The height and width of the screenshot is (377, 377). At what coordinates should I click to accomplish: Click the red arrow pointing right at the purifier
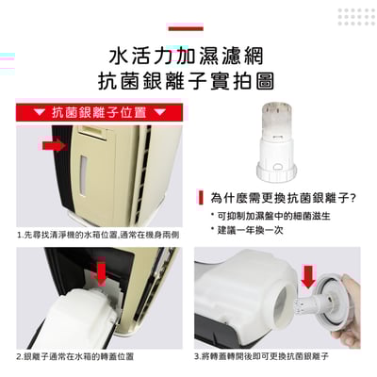click(52, 144)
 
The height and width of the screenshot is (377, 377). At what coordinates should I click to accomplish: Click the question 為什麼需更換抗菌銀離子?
click(282, 198)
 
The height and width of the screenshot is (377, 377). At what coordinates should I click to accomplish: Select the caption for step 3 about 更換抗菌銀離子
click(261, 357)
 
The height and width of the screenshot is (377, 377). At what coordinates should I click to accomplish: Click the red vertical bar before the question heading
click(201, 198)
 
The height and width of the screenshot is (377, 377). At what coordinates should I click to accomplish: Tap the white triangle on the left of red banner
click(40, 113)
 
